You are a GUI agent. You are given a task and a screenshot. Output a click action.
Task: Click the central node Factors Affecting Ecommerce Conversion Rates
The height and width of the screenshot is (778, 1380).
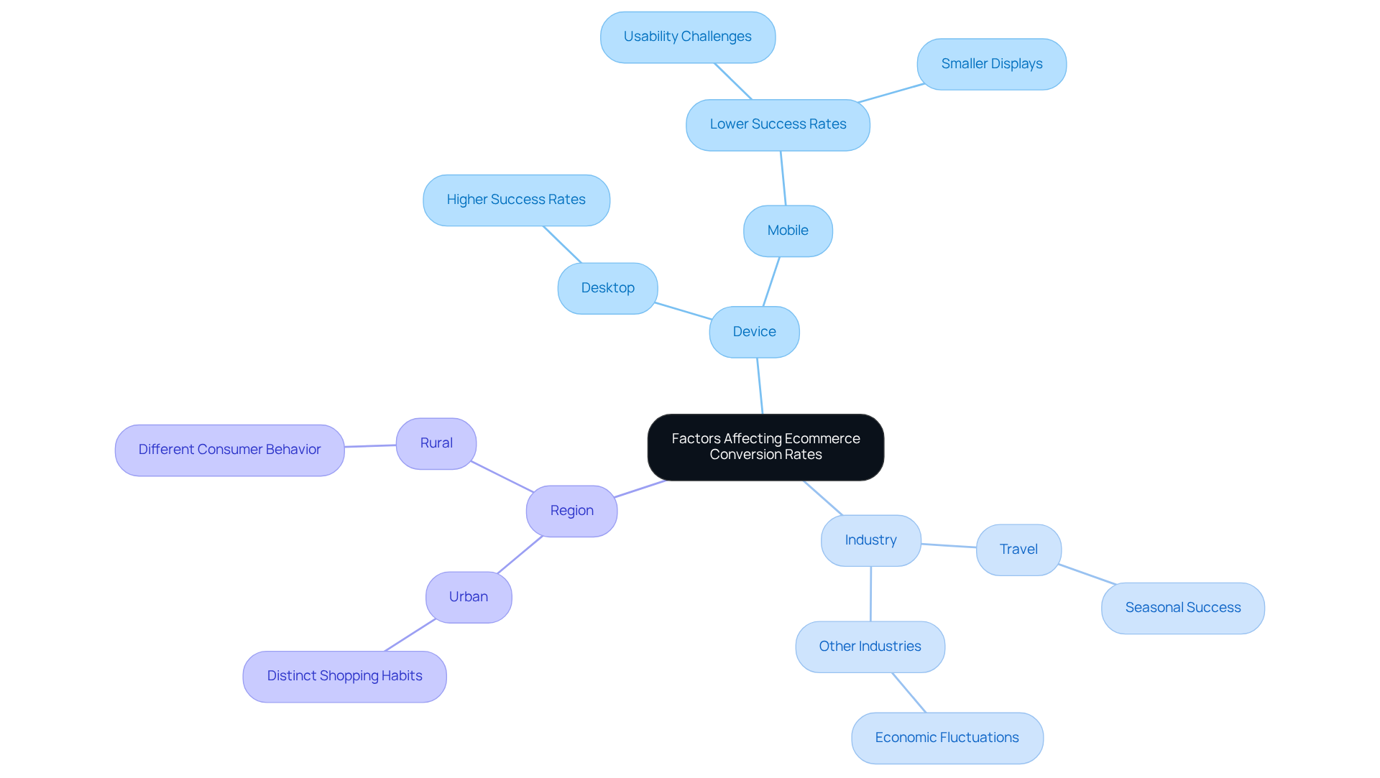765,447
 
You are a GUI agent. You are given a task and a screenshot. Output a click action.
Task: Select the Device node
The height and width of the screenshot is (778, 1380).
754,332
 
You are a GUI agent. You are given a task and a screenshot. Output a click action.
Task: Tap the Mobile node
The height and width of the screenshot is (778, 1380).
788,231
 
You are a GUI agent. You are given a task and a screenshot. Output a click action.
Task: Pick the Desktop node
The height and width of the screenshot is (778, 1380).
607,288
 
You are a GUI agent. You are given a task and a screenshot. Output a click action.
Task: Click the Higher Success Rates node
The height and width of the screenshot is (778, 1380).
516,200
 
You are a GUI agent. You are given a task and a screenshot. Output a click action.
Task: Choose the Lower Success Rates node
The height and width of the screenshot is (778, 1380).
778,124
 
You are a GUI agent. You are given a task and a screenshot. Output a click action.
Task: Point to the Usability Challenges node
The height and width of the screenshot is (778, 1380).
687,37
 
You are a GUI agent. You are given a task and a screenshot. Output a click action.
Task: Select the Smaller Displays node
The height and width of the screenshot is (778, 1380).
991,64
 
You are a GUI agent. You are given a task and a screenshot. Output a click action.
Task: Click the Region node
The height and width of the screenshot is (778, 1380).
571,511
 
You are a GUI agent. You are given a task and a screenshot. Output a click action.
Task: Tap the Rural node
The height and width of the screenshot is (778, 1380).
436,443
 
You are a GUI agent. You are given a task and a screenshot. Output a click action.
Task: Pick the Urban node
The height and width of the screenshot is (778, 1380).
469,597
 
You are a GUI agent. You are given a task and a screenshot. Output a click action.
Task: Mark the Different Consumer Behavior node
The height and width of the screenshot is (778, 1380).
229,450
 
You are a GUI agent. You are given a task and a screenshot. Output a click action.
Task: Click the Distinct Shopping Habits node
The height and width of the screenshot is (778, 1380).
344,676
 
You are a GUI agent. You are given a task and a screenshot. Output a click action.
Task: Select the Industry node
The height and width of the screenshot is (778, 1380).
870,540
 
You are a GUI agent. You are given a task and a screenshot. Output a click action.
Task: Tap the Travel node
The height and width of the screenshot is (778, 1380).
1018,550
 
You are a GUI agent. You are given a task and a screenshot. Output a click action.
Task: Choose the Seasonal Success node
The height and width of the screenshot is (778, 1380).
1182,608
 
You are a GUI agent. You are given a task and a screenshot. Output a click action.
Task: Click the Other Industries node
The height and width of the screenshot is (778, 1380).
870,647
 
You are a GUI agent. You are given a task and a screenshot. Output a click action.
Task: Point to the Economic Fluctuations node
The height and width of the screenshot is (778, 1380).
947,738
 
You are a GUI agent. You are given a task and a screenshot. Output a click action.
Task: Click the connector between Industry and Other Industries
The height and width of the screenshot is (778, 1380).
870,594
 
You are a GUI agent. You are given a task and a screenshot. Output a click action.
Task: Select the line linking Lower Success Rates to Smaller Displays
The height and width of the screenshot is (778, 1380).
891,93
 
